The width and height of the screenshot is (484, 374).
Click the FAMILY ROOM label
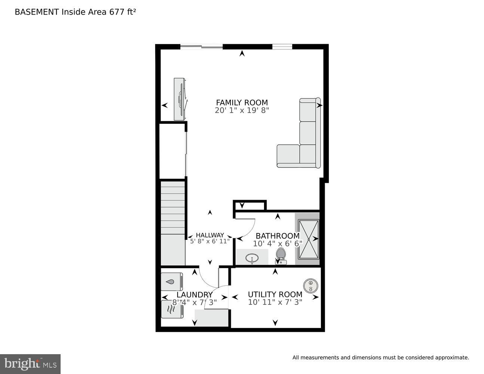(242, 102)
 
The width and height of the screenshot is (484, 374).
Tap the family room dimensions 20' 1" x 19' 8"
(242, 110)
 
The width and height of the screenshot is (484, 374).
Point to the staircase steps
(173, 208)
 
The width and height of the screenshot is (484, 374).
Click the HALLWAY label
(210, 235)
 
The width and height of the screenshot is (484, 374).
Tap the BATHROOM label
(277, 236)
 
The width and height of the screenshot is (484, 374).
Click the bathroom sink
(252, 258)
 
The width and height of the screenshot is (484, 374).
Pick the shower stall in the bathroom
(308, 239)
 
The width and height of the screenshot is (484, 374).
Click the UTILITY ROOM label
(275, 294)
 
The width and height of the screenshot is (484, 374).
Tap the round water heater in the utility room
(310, 286)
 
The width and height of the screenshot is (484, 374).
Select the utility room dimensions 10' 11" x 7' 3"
(275, 302)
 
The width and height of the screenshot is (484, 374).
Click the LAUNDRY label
(194, 295)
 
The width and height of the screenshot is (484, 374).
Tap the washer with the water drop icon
(172, 282)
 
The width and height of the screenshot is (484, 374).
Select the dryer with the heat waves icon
(172, 309)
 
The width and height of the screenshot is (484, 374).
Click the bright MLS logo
(30, 364)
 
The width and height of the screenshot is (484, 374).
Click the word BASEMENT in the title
(37, 12)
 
